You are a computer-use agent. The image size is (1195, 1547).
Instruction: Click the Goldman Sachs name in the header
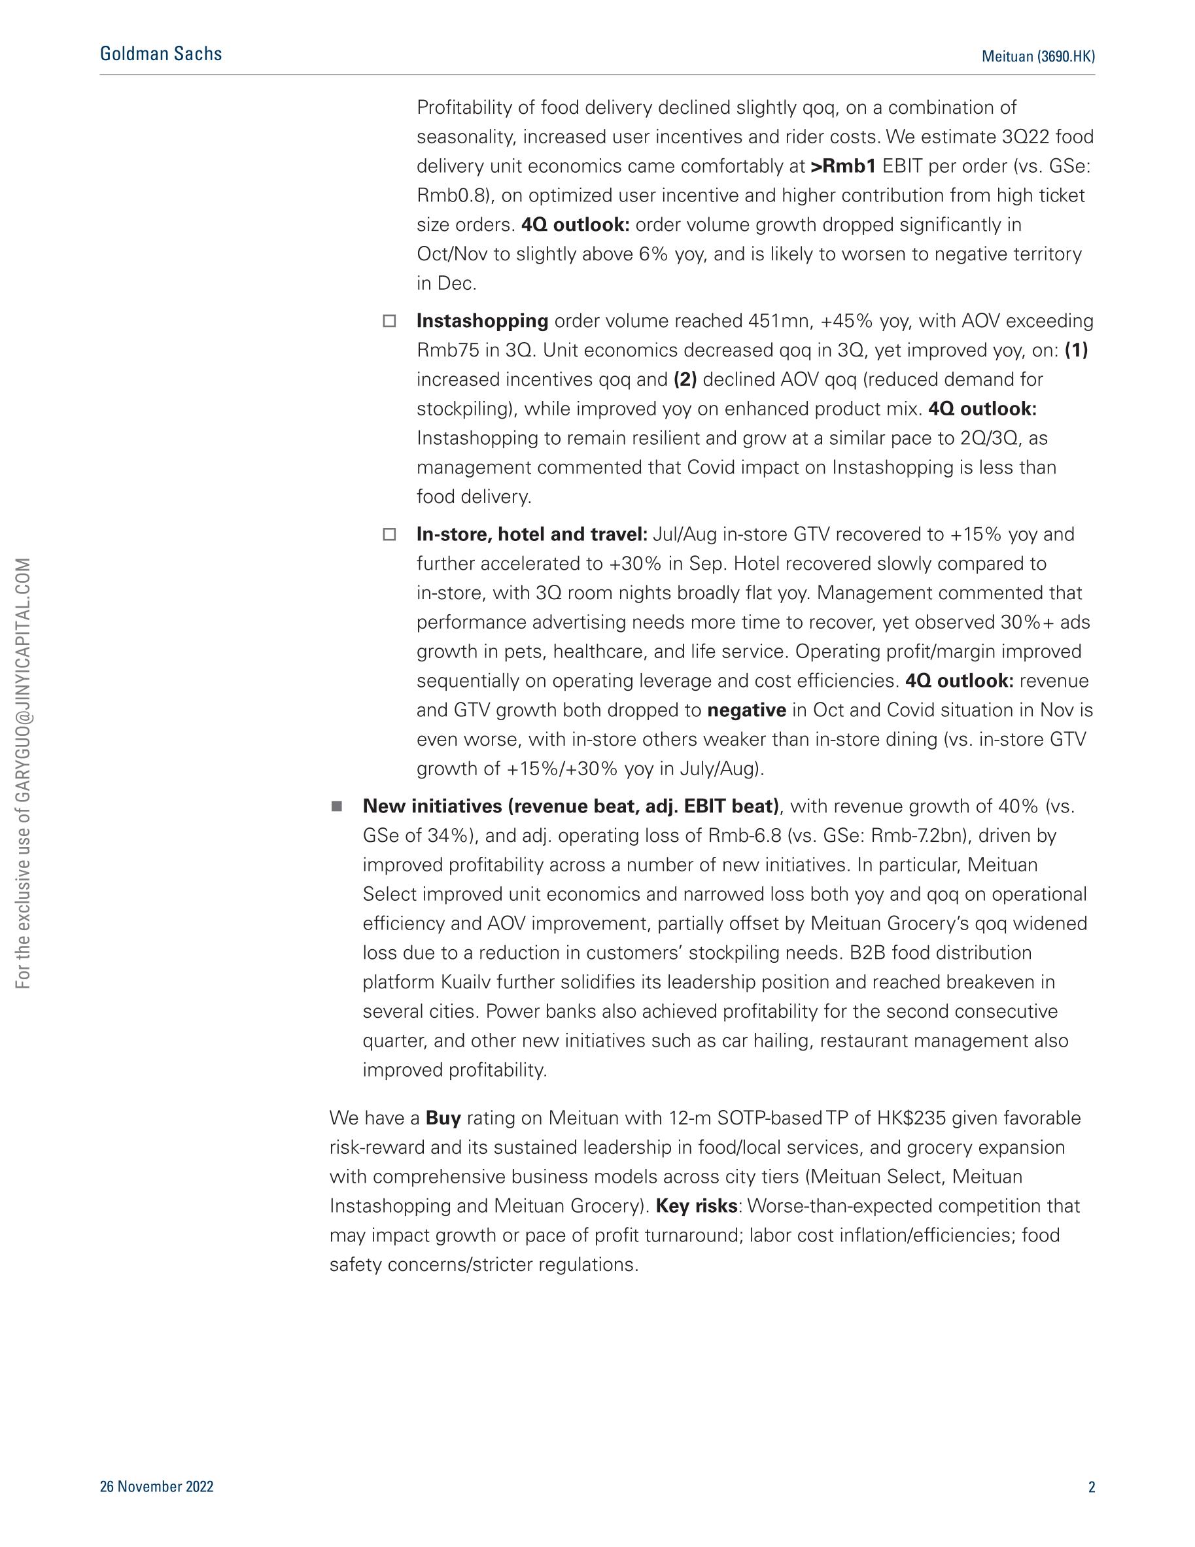pyautogui.click(x=161, y=54)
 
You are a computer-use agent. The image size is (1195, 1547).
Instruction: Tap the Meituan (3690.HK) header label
pyautogui.click(x=1038, y=57)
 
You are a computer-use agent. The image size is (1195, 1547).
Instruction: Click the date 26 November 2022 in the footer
pyautogui.click(x=156, y=1487)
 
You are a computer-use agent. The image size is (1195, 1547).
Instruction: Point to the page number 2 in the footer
pyautogui.click(x=1091, y=1487)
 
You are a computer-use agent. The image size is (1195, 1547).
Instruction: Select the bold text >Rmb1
pyautogui.click(x=843, y=166)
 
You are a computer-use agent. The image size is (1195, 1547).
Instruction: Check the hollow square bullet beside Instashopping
pyautogui.click(x=389, y=321)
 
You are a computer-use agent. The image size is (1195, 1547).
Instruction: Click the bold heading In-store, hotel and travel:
pyautogui.click(x=532, y=534)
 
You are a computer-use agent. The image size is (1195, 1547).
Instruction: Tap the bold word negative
pyautogui.click(x=746, y=710)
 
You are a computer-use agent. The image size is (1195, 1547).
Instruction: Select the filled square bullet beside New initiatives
pyautogui.click(x=336, y=806)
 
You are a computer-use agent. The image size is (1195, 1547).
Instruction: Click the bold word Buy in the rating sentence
pyautogui.click(x=443, y=1119)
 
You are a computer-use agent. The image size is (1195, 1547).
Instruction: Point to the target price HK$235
pyautogui.click(x=911, y=1119)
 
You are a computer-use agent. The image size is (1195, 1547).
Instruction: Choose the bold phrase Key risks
pyautogui.click(x=697, y=1206)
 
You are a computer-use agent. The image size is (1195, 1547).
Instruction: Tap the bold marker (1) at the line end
pyautogui.click(x=1076, y=351)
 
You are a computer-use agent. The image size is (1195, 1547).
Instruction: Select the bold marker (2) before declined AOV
pyautogui.click(x=685, y=379)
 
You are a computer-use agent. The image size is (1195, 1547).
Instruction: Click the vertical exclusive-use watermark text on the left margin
pyautogui.click(x=24, y=773)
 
